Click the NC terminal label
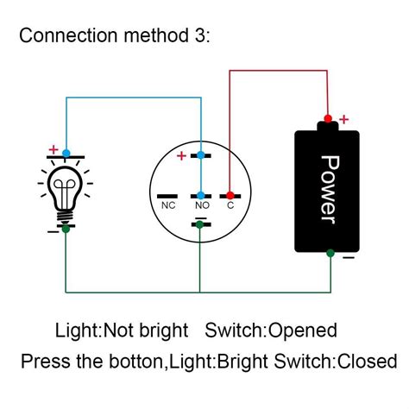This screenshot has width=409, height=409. [168, 207]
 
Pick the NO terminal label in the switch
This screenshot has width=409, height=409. [200, 207]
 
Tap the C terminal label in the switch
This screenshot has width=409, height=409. [230, 207]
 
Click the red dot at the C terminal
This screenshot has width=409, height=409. [229, 195]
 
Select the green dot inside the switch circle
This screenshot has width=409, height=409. [199, 225]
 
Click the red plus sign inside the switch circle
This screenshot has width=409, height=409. [180, 156]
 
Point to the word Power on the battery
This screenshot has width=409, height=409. [328, 188]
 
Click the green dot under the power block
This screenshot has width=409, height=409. [329, 253]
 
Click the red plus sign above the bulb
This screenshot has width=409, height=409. [53, 150]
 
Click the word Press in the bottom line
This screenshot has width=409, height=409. [44, 361]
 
